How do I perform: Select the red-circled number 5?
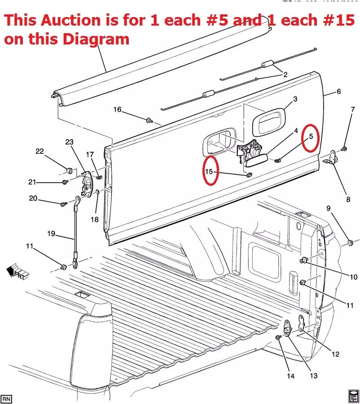point(310,136)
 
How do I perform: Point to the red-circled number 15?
point(209,171)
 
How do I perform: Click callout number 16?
point(117,110)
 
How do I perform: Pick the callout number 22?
point(40,151)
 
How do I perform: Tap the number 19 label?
point(51,233)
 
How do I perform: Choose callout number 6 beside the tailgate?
point(338,92)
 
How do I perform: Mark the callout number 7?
point(352,109)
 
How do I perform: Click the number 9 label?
point(328,208)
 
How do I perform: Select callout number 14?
point(290,376)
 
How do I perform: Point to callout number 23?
point(69,142)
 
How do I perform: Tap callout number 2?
point(285,75)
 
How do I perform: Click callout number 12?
point(335,354)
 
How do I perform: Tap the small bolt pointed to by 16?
point(149,120)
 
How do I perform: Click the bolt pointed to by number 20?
point(63,204)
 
